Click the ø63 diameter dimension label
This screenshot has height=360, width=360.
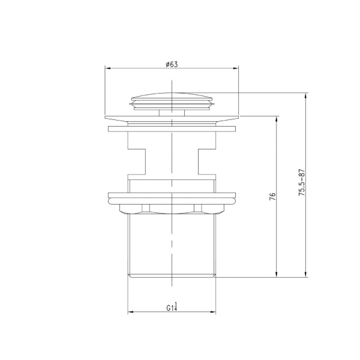pyautogui.click(x=172, y=64)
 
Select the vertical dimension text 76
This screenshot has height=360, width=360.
pyautogui.click(x=272, y=197)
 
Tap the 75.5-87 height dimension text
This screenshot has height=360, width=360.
pyautogui.click(x=302, y=182)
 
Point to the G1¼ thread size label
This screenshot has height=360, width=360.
pyautogui.click(x=172, y=307)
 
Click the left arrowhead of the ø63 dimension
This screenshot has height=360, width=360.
pyautogui.click(x=108, y=68)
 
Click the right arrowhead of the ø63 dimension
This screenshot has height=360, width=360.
pyautogui.click(x=236, y=68)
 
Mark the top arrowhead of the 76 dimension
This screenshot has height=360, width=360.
pyautogui.click(x=276, y=119)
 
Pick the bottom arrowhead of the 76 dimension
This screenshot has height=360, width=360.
pyautogui.click(x=276, y=274)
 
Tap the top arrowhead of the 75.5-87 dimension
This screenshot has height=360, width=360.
pyautogui.click(x=305, y=96)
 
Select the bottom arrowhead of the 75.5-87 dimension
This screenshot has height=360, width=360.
pyautogui.click(x=305, y=274)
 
